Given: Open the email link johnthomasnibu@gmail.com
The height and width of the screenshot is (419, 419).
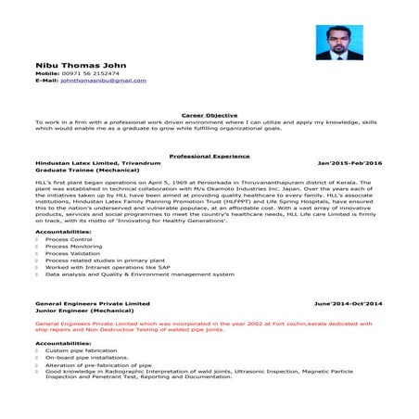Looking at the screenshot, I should point(103,80).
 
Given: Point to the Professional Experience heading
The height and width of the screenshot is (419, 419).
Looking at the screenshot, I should point(209,156).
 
